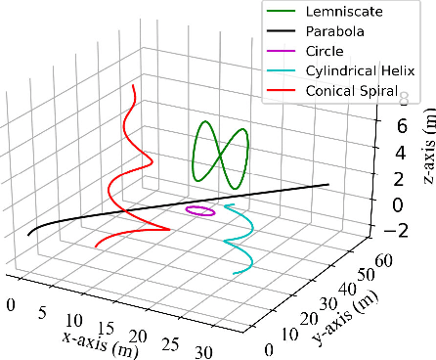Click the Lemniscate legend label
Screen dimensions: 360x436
[344, 14]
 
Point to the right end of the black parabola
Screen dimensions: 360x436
[327, 184]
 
